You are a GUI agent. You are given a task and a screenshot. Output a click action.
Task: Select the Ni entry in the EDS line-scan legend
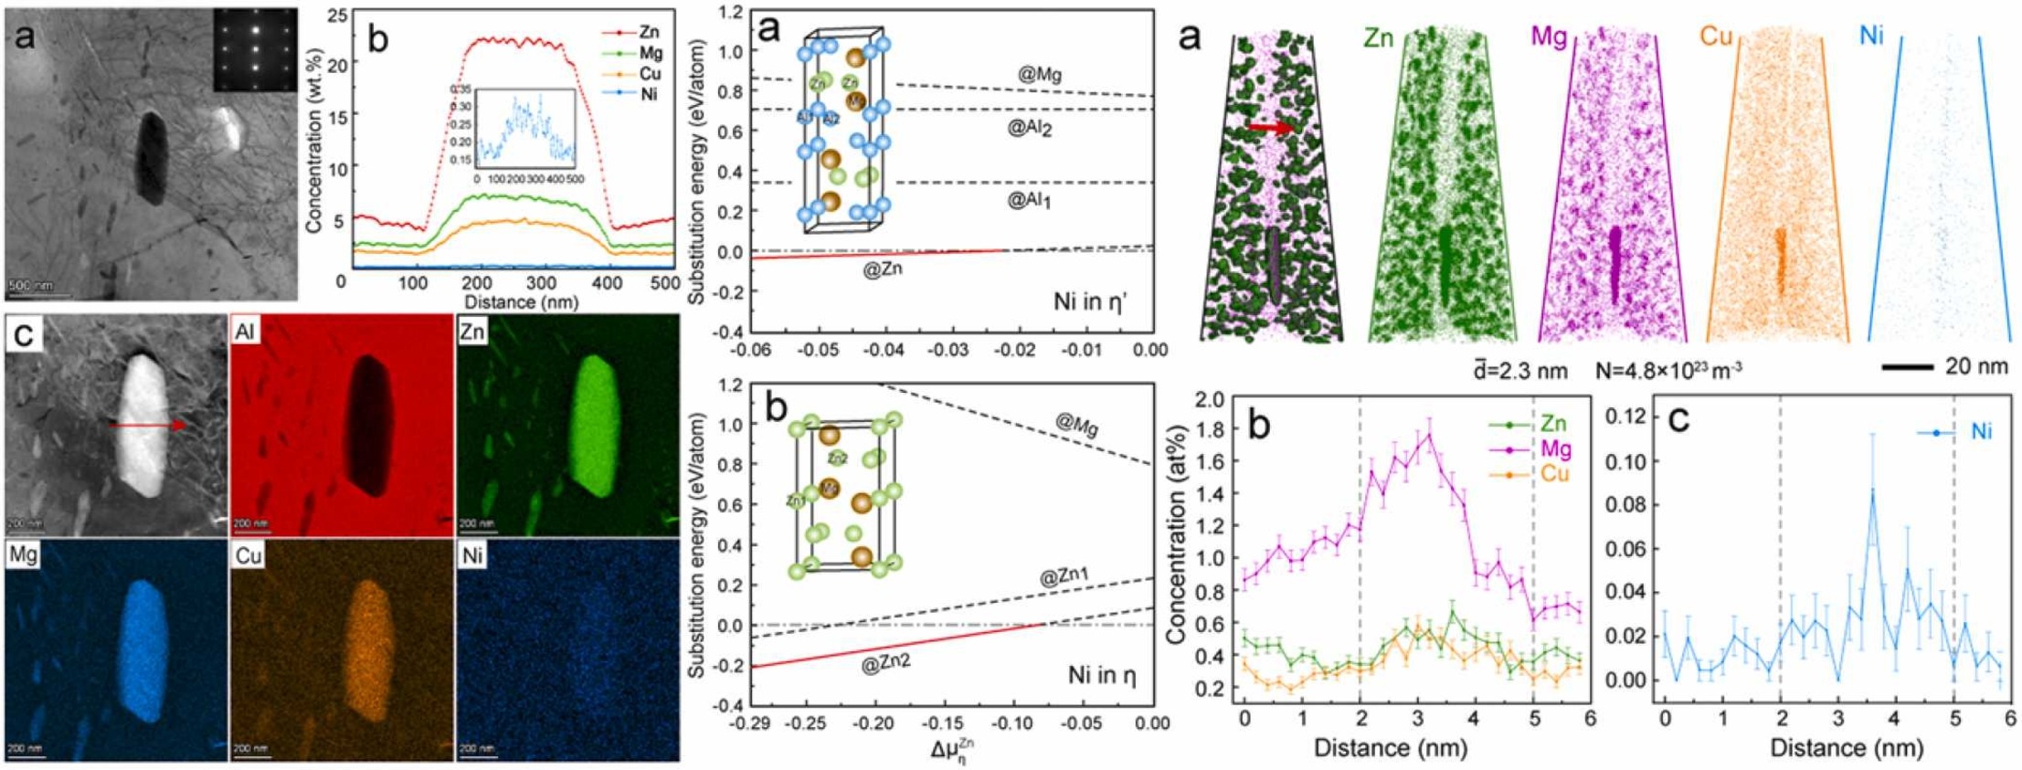point(649,94)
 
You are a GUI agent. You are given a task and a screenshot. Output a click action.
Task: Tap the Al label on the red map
point(245,332)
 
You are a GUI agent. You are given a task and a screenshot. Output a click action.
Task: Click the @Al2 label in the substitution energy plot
point(1030,129)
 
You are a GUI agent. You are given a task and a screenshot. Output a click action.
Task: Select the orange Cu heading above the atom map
point(1716,38)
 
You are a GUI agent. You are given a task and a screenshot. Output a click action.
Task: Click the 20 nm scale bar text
point(1975,367)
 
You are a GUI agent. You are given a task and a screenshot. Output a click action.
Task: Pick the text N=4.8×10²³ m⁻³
point(1668,371)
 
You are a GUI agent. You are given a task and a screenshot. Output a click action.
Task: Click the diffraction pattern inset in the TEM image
point(255,50)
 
